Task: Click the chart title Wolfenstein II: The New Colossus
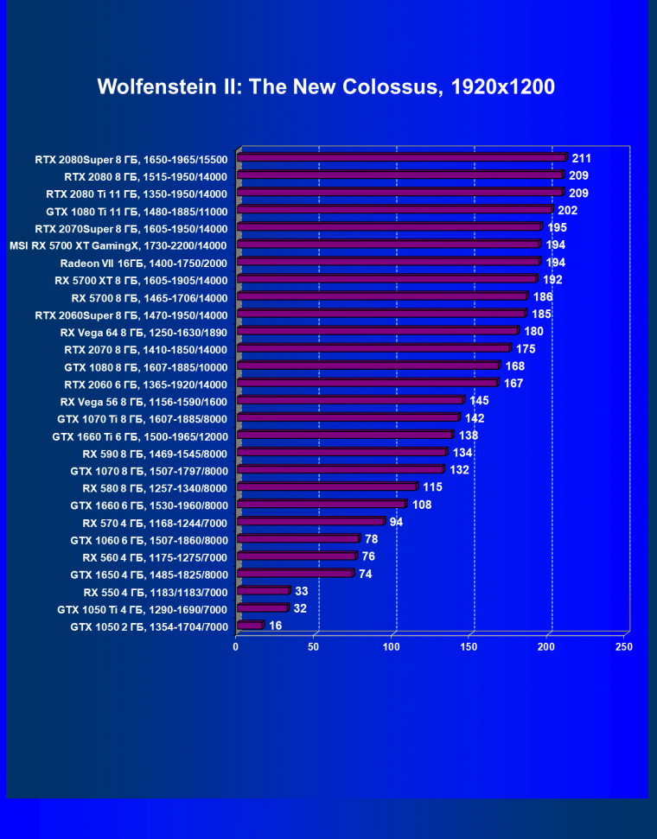(x=326, y=86)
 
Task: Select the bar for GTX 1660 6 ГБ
(x=320, y=505)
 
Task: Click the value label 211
(x=582, y=158)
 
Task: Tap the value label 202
(x=568, y=210)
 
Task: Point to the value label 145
(x=480, y=400)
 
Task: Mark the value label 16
(x=276, y=626)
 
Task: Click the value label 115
(x=432, y=486)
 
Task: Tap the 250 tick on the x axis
(x=623, y=646)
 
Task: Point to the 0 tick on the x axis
(x=236, y=646)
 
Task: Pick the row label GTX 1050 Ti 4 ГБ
(x=142, y=609)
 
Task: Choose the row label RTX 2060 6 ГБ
(x=145, y=384)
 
